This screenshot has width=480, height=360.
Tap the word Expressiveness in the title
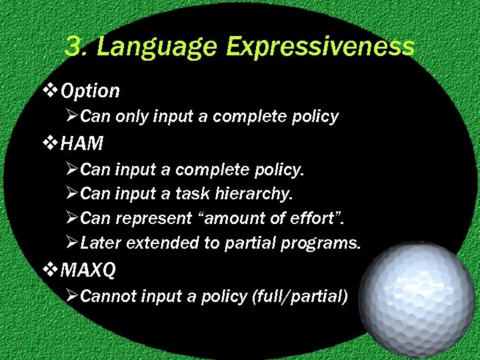pos(321,47)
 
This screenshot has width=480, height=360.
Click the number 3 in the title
pos(75,47)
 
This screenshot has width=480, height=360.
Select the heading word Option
pos(90,91)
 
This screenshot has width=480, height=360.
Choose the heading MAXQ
pos(88,270)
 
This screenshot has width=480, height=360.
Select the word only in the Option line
pos(132,117)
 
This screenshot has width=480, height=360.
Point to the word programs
pos(320,243)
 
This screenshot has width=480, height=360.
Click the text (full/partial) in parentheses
pos(299,297)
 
